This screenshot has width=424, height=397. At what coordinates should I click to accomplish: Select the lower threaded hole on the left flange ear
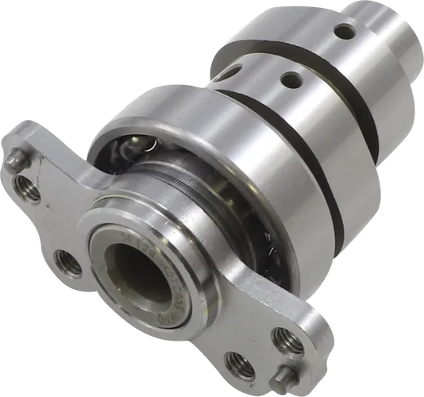(x=67, y=262)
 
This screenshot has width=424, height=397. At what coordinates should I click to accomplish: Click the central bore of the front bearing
(x=137, y=283)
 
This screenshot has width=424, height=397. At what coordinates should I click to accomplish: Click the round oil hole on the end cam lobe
(x=345, y=32)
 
